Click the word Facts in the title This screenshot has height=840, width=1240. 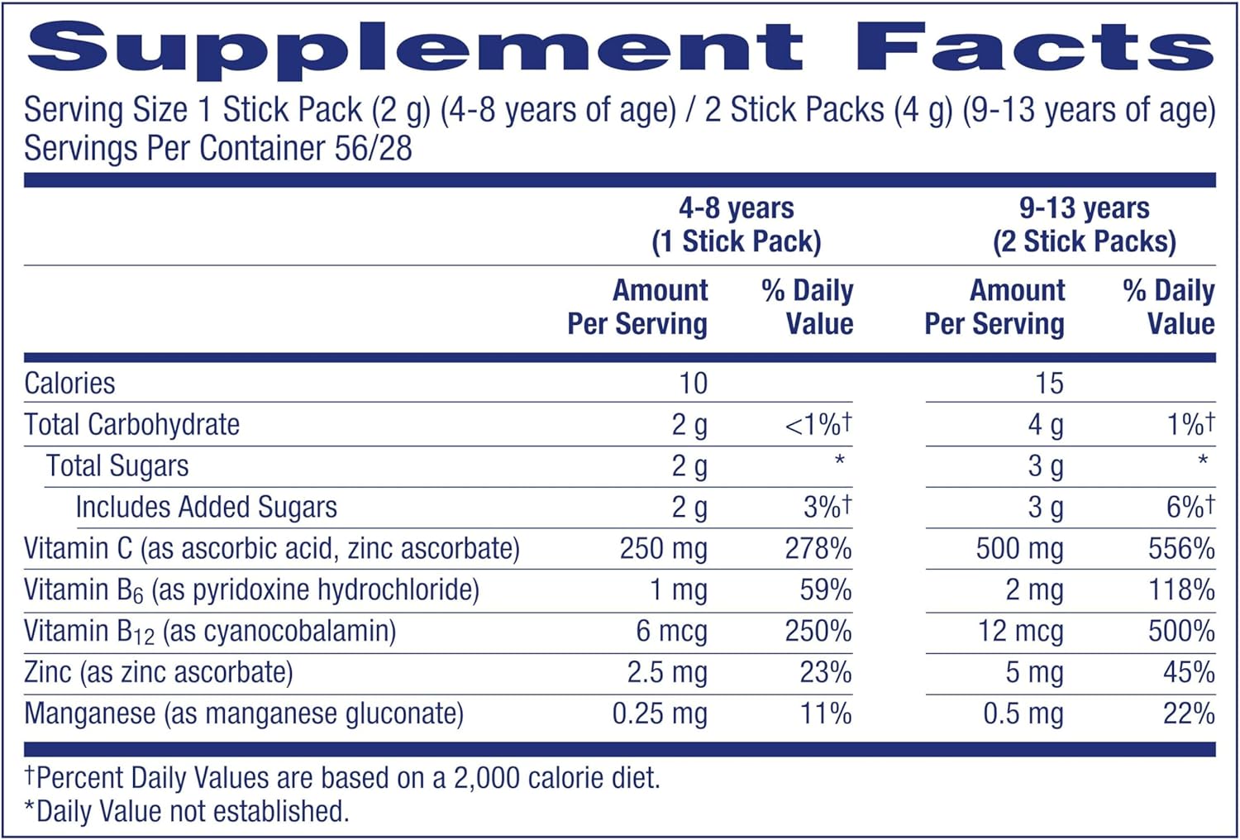(1033, 46)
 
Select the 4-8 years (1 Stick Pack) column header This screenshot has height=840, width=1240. (736, 224)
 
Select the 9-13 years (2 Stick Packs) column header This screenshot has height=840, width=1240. (1084, 224)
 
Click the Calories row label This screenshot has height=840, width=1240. (69, 384)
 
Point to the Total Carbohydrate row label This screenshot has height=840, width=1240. (132, 425)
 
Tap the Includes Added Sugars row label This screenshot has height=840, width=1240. (206, 508)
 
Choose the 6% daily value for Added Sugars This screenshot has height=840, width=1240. (1190, 507)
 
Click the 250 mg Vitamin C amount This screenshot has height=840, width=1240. (663, 549)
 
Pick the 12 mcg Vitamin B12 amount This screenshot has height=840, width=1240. (1020, 632)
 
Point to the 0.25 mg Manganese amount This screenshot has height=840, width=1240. (659, 714)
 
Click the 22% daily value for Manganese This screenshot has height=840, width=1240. (1188, 714)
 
